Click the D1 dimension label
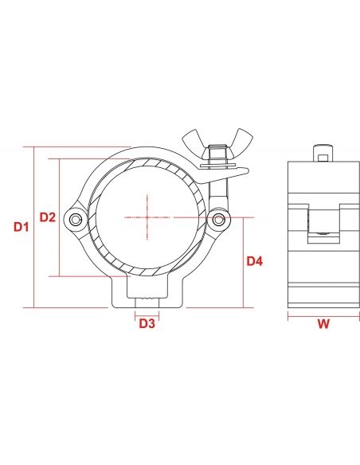tap(22, 228)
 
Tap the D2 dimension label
tap(48, 217)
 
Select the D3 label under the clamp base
tap(147, 324)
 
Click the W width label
tap(323, 324)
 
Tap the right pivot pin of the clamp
tap(218, 218)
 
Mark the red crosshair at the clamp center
tap(147, 217)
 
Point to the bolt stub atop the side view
tap(322, 151)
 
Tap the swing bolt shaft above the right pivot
tap(218, 191)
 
